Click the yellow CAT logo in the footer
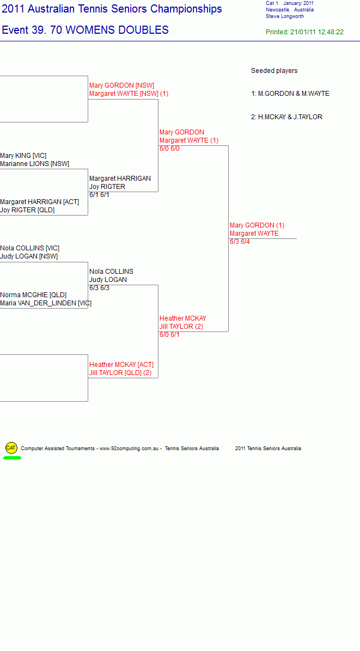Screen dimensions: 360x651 (x=11, y=447)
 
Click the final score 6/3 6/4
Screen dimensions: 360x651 (x=240, y=242)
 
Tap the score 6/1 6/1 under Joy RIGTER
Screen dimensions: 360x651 (x=99, y=195)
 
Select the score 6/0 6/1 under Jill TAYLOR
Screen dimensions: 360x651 (x=169, y=335)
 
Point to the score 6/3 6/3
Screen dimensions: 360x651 (x=99, y=288)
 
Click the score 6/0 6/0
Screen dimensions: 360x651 (x=169, y=149)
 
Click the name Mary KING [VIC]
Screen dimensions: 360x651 (x=23, y=156)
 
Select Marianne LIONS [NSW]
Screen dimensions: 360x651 (x=34, y=164)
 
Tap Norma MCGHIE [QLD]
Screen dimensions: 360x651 (x=33, y=295)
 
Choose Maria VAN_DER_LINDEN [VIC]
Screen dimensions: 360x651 (x=46, y=304)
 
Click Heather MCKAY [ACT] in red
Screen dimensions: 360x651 (x=121, y=365)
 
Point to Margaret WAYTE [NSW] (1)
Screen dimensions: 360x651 (x=129, y=94)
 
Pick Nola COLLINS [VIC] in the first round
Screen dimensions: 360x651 (x=29, y=248)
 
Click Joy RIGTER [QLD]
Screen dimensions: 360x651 (x=27, y=210)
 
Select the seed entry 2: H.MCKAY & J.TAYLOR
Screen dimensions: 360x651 (x=286, y=117)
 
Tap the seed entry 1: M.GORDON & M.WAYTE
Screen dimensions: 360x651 (x=290, y=94)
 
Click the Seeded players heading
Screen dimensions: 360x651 (x=274, y=71)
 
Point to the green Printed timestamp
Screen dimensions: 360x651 (x=305, y=32)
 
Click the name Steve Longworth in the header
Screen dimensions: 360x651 (x=285, y=17)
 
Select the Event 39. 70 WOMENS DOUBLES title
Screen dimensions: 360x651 (x=85, y=30)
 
